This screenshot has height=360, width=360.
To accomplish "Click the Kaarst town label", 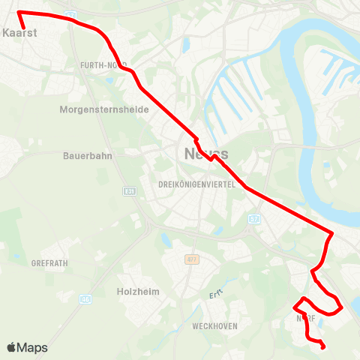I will (x=20, y=34).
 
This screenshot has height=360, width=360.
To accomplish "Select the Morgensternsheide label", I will (x=104, y=109).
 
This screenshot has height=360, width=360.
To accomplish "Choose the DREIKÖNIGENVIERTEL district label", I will (x=197, y=184).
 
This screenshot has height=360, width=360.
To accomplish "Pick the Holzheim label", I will (x=139, y=291).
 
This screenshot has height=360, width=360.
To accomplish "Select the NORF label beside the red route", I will (x=304, y=318).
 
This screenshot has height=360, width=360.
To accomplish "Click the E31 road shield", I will (x=129, y=191).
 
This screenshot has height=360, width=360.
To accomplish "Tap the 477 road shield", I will (x=192, y=259).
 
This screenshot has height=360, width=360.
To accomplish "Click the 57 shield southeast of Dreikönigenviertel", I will (x=253, y=219).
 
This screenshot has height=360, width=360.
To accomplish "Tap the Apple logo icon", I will (x=11, y=347).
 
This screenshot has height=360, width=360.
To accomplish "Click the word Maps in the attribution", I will (x=32, y=348).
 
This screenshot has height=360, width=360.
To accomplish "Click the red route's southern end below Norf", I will (x=322, y=346).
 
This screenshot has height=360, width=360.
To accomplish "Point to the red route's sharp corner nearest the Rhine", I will (x=331, y=232).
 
